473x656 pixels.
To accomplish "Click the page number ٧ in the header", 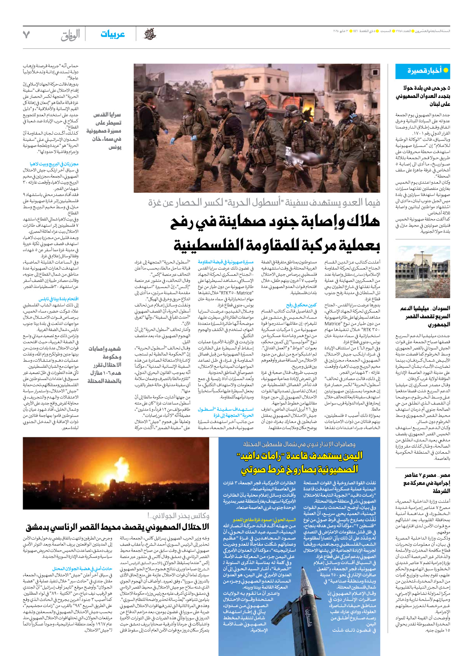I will [x=26, y=35].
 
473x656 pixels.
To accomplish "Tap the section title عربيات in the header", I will [x=112, y=34].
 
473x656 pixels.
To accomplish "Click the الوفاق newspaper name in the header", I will [x=70, y=35].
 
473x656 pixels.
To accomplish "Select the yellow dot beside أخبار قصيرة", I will [x=445, y=70].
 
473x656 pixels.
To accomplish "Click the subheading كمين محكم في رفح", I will [x=302, y=305].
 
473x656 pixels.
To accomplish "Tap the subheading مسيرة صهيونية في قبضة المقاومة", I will [x=226, y=262].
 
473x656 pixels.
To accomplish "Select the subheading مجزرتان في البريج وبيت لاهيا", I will [x=54, y=164].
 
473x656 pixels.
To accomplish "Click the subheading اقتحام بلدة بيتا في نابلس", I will [x=53, y=299].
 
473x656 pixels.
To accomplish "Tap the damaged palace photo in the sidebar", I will [x=423, y=273].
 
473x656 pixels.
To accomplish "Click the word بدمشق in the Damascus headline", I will [x=42, y=527].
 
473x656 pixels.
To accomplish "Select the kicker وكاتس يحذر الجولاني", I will [x=178, y=516].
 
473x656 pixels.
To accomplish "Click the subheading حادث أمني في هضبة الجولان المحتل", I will [x=82, y=568].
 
